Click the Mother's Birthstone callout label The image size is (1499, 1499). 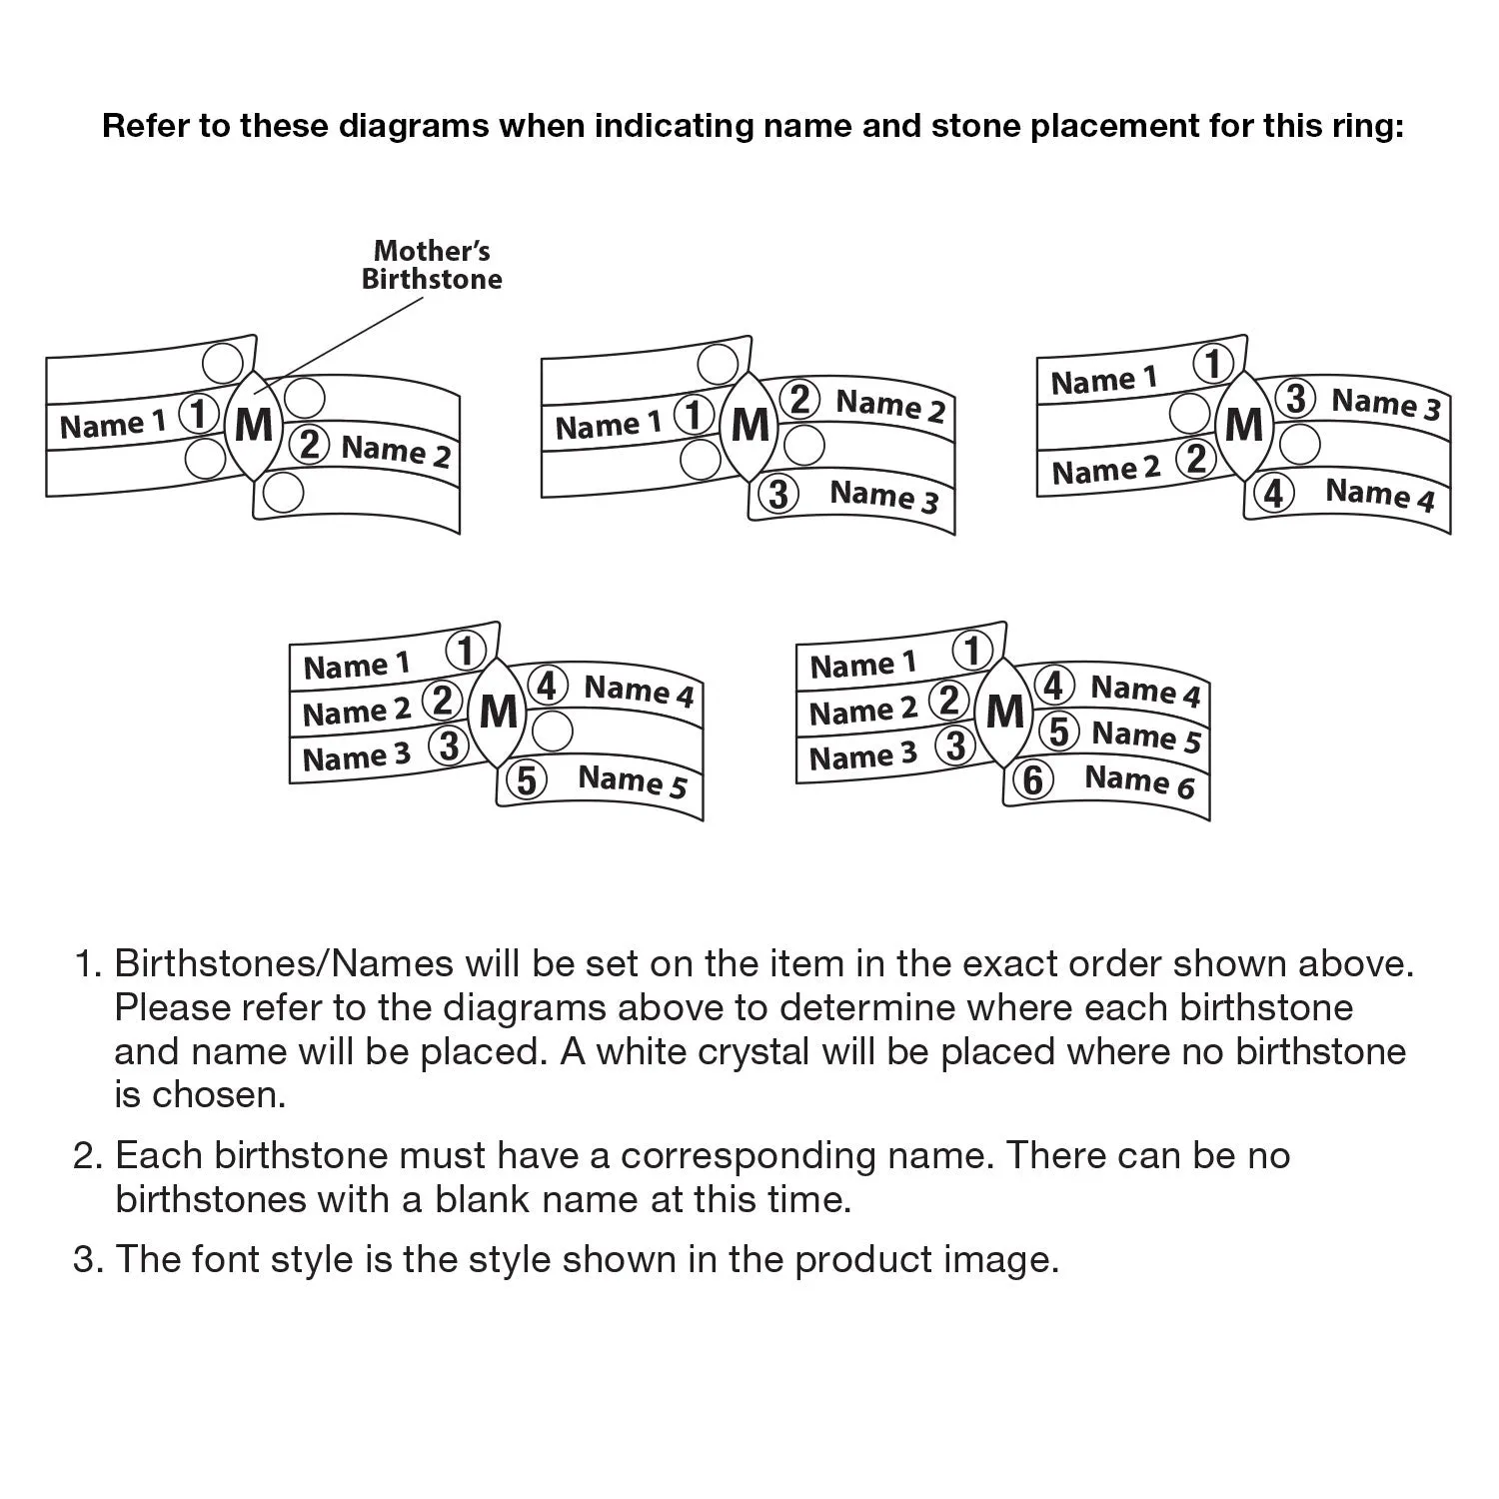tap(432, 265)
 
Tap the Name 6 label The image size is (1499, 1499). tap(1139, 779)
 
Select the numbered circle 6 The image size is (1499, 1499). tap(1033, 779)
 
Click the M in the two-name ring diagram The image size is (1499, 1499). tap(254, 426)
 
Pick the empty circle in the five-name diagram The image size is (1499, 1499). tap(553, 732)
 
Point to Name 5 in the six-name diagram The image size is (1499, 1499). tap(1146, 737)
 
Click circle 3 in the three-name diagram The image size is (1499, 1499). tap(778, 494)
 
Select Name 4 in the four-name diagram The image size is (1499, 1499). tap(1379, 494)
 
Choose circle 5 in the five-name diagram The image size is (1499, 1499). tap(527, 779)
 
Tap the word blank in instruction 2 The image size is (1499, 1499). tap(479, 1199)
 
